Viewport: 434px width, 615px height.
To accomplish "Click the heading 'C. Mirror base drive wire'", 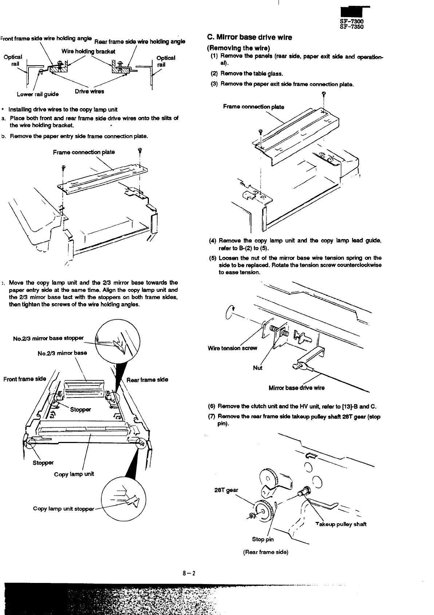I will pos(249,37).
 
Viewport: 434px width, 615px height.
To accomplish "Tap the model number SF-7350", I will pos(351,27).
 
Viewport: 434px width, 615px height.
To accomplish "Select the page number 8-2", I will pos(190,573).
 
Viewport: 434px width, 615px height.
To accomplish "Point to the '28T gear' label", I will pos(226,490).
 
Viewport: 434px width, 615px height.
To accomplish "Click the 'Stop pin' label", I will pos(263,539).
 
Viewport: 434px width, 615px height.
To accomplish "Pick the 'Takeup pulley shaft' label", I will pos(341,524).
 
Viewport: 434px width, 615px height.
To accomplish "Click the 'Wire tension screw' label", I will pos(232,348).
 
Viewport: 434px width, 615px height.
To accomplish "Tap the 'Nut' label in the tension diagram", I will pos(257,368).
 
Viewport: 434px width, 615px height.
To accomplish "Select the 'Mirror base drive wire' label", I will pos(296,388).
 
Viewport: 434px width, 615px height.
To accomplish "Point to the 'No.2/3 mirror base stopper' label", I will pos(48,338).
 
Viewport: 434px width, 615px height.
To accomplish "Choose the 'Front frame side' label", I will pos(25,379).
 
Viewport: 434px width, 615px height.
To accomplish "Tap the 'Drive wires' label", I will pos(89,91).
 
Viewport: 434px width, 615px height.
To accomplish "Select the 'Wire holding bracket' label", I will pos(88,51).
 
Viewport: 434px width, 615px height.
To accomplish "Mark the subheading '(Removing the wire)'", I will pos(238,48).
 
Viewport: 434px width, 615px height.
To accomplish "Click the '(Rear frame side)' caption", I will pos(265,552).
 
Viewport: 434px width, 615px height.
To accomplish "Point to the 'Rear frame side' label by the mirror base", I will pos(147,380).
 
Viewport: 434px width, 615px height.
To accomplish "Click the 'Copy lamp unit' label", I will pos(74,474).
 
